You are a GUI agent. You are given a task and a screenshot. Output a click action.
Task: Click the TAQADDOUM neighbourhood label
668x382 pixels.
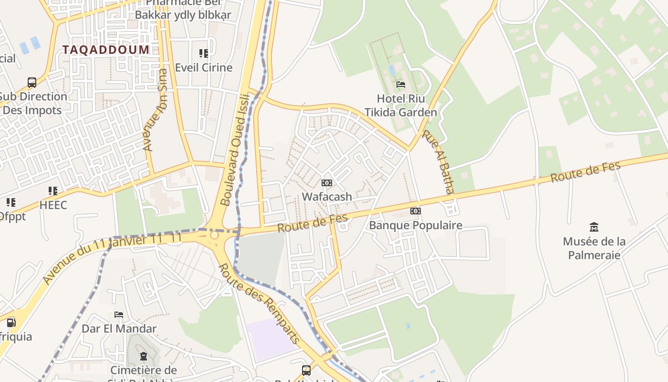[x=106, y=50]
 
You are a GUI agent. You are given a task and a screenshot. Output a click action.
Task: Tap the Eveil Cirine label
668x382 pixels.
[x=204, y=67]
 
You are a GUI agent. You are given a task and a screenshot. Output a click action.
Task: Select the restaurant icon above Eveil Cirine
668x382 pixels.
[x=204, y=53]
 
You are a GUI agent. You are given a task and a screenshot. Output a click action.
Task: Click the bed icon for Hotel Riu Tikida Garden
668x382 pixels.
[x=401, y=85]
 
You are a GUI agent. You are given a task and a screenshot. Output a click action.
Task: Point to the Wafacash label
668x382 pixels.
[x=327, y=196]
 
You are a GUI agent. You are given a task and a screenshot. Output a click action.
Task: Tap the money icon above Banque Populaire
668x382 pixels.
[x=416, y=211]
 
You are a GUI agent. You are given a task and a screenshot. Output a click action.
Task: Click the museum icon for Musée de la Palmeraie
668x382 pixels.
[x=594, y=227]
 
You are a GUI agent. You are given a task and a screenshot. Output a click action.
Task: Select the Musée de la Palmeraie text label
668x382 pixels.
[x=594, y=248]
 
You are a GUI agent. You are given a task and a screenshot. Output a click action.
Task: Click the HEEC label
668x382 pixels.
[x=53, y=205]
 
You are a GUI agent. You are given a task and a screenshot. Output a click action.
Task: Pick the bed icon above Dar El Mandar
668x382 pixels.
[x=119, y=314]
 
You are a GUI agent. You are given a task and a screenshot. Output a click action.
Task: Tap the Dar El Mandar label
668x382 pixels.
[x=119, y=329]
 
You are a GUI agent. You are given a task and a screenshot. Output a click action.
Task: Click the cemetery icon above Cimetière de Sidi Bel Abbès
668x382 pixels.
[x=143, y=356]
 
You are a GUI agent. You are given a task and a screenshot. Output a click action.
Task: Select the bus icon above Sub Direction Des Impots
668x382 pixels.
[x=32, y=82]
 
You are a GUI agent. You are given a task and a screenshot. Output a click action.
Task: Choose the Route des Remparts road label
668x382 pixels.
[x=259, y=303]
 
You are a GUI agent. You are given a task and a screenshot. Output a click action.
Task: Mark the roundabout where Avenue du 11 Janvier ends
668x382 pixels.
[x=214, y=235]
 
